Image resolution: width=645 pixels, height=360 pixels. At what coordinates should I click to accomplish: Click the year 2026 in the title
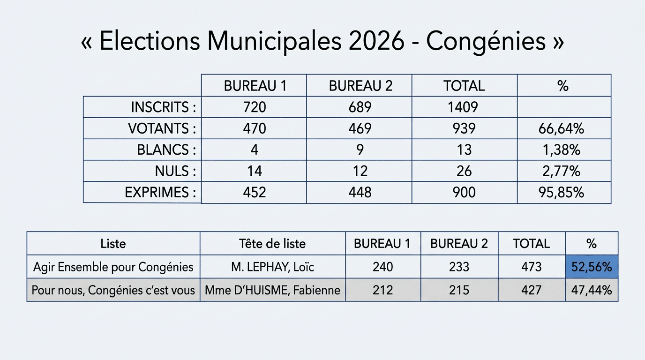[x=376, y=42]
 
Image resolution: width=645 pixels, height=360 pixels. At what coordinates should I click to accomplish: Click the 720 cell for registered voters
[x=255, y=107]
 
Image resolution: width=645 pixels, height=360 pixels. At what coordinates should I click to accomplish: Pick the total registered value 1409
[x=463, y=107]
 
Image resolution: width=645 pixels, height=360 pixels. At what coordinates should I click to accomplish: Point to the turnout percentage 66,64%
[x=562, y=129]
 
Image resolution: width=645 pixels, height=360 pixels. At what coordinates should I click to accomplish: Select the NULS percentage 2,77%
[x=562, y=172]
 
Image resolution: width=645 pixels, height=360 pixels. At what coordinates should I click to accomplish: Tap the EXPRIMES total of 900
[x=463, y=193]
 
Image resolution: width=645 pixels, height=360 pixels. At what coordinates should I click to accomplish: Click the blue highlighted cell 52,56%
[x=592, y=267]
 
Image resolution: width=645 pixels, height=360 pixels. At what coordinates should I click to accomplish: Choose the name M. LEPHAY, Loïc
[x=272, y=267]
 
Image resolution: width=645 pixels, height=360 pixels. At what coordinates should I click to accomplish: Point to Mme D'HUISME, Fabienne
[x=272, y=290]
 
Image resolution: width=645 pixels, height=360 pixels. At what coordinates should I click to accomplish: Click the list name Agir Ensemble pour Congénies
[x=113, y=267]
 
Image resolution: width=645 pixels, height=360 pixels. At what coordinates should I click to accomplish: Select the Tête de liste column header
[x=272, y=244]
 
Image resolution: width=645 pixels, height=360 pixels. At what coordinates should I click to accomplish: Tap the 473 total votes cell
[x=531, y=267]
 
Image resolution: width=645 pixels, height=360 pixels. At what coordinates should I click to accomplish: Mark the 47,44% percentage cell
[x=592, y=290]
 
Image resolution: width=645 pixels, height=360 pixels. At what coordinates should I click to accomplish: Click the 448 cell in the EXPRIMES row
[x=360, y=193]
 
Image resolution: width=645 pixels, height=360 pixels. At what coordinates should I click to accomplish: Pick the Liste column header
[x=113, y=244]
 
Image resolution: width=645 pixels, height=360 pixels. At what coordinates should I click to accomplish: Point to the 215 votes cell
[x=459, y=290]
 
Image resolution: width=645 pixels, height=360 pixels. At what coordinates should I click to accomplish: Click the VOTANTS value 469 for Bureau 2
[x=360, y=129]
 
